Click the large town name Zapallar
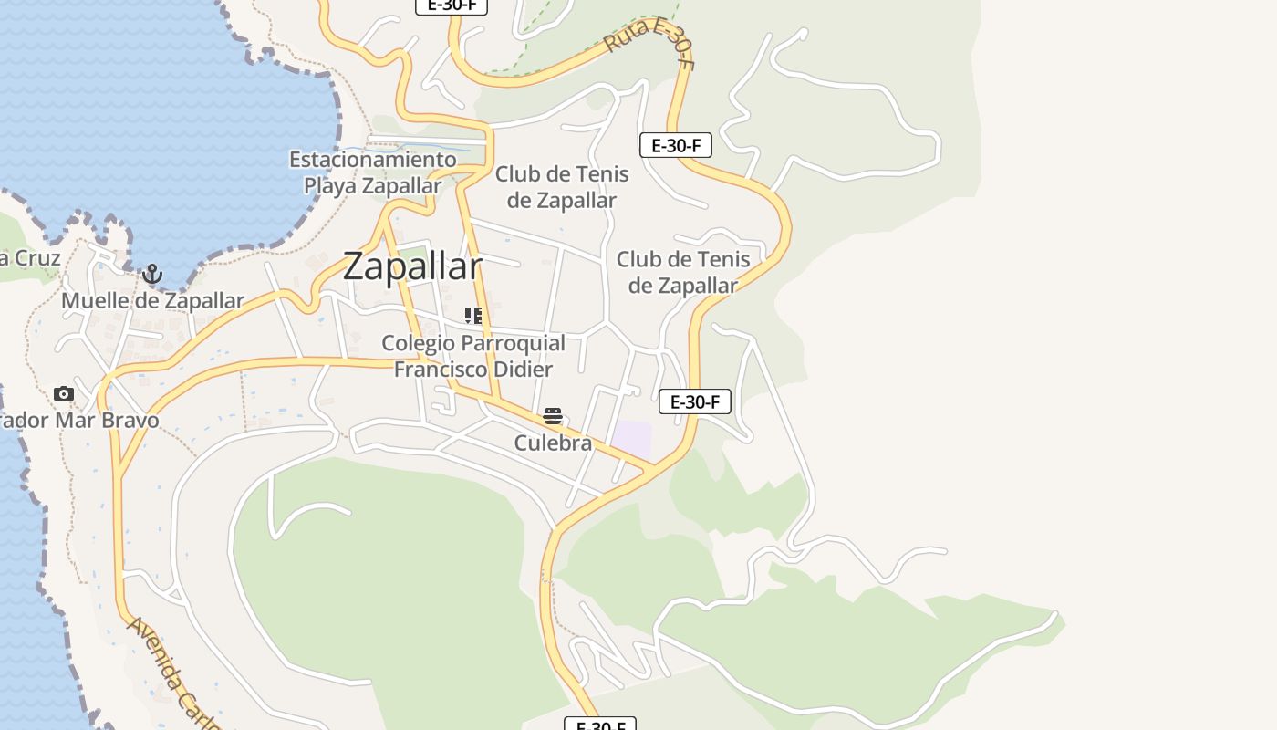pyautogui.click(x=412, y=266)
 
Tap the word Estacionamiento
pyautogui.click(x=372, y=160)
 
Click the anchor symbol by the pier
pyautogui.click(x=152, y=274)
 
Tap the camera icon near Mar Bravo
pyautogui.click(x=63, y=394)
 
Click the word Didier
pyautogui.click(x=523, y=370)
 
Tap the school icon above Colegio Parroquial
pyautogui.click(x=472, y=316)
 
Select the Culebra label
pyautogui.click(x=553, y=443)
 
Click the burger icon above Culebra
pyautogui.click(x=553, y=416)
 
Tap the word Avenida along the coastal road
pyautogui.click(x=151, y=648)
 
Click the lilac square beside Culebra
pyautogui.click(x=632, y=439)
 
